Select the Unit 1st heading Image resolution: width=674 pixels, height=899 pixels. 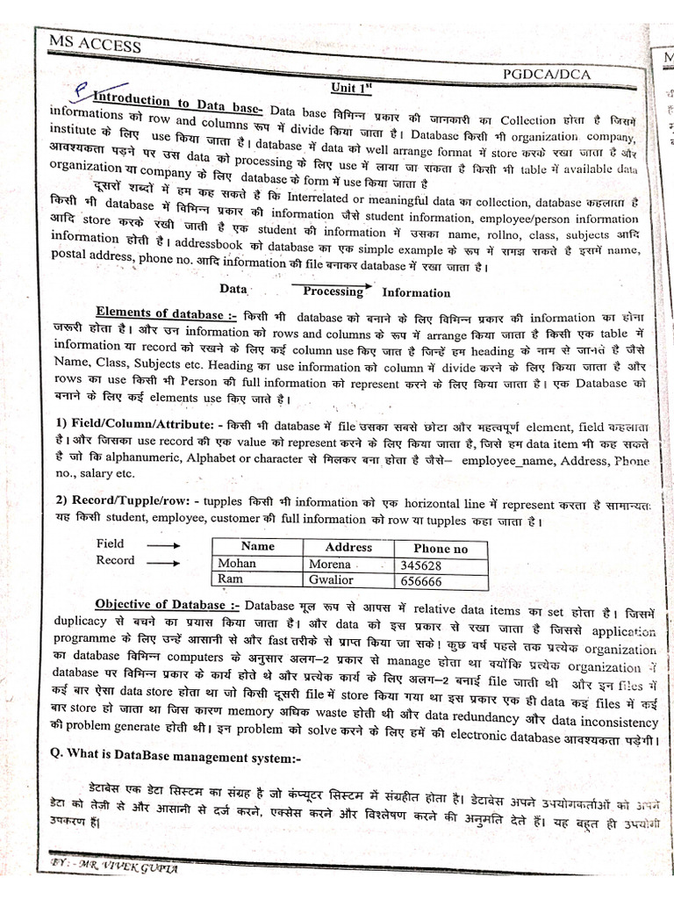click(352, 88)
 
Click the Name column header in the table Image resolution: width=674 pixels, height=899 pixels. click(257, 546)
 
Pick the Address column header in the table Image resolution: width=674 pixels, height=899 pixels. click(348, 547)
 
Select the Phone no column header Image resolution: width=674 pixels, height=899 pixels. click(441, 549)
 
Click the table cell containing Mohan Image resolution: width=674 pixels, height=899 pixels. click(239, 564)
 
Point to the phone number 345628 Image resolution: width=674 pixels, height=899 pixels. click(420, 565)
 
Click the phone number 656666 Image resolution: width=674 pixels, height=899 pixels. click(420, 581)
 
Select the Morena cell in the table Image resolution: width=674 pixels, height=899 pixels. click(330, 565)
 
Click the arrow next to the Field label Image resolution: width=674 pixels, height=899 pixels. click(163, 544)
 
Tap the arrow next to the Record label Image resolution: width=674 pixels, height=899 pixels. click(163, 562)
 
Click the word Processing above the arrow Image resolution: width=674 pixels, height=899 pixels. click(333, 291)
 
